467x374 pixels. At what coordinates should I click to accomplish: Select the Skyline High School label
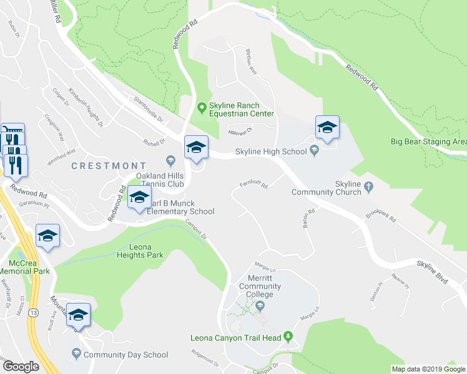click(270, 151)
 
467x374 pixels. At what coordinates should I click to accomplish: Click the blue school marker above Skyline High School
click(327, 128)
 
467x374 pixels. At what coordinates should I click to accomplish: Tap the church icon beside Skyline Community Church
click(369, 185)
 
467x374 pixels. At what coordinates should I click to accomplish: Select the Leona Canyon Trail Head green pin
click(288, 337)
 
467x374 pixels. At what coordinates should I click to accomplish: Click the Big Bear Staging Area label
click(428, 141)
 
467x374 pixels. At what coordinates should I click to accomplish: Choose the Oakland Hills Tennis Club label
click(160, 180)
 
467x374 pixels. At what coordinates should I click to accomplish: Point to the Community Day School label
click(125, 355)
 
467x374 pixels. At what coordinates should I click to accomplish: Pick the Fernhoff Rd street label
click(253, 185)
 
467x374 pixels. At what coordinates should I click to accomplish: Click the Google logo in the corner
click(21, 367)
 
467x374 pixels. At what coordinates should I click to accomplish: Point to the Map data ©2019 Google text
click(428, 369)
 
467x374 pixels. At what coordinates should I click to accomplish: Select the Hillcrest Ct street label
click(239, 132)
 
